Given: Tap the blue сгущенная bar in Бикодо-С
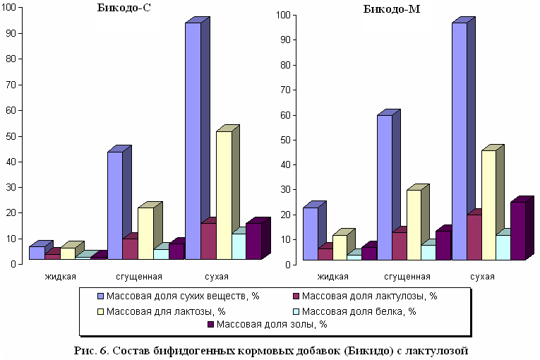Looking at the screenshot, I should coord(115,205).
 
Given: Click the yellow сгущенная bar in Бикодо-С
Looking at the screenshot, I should coord(145,233).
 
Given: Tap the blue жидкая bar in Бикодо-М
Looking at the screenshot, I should coord(310,234).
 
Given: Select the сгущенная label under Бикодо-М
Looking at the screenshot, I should coord(407,276).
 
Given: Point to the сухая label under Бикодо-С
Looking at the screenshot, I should coord(207,276).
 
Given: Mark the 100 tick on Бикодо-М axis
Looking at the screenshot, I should coord(282,15).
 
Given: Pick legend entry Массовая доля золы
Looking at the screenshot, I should coord(268,325).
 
